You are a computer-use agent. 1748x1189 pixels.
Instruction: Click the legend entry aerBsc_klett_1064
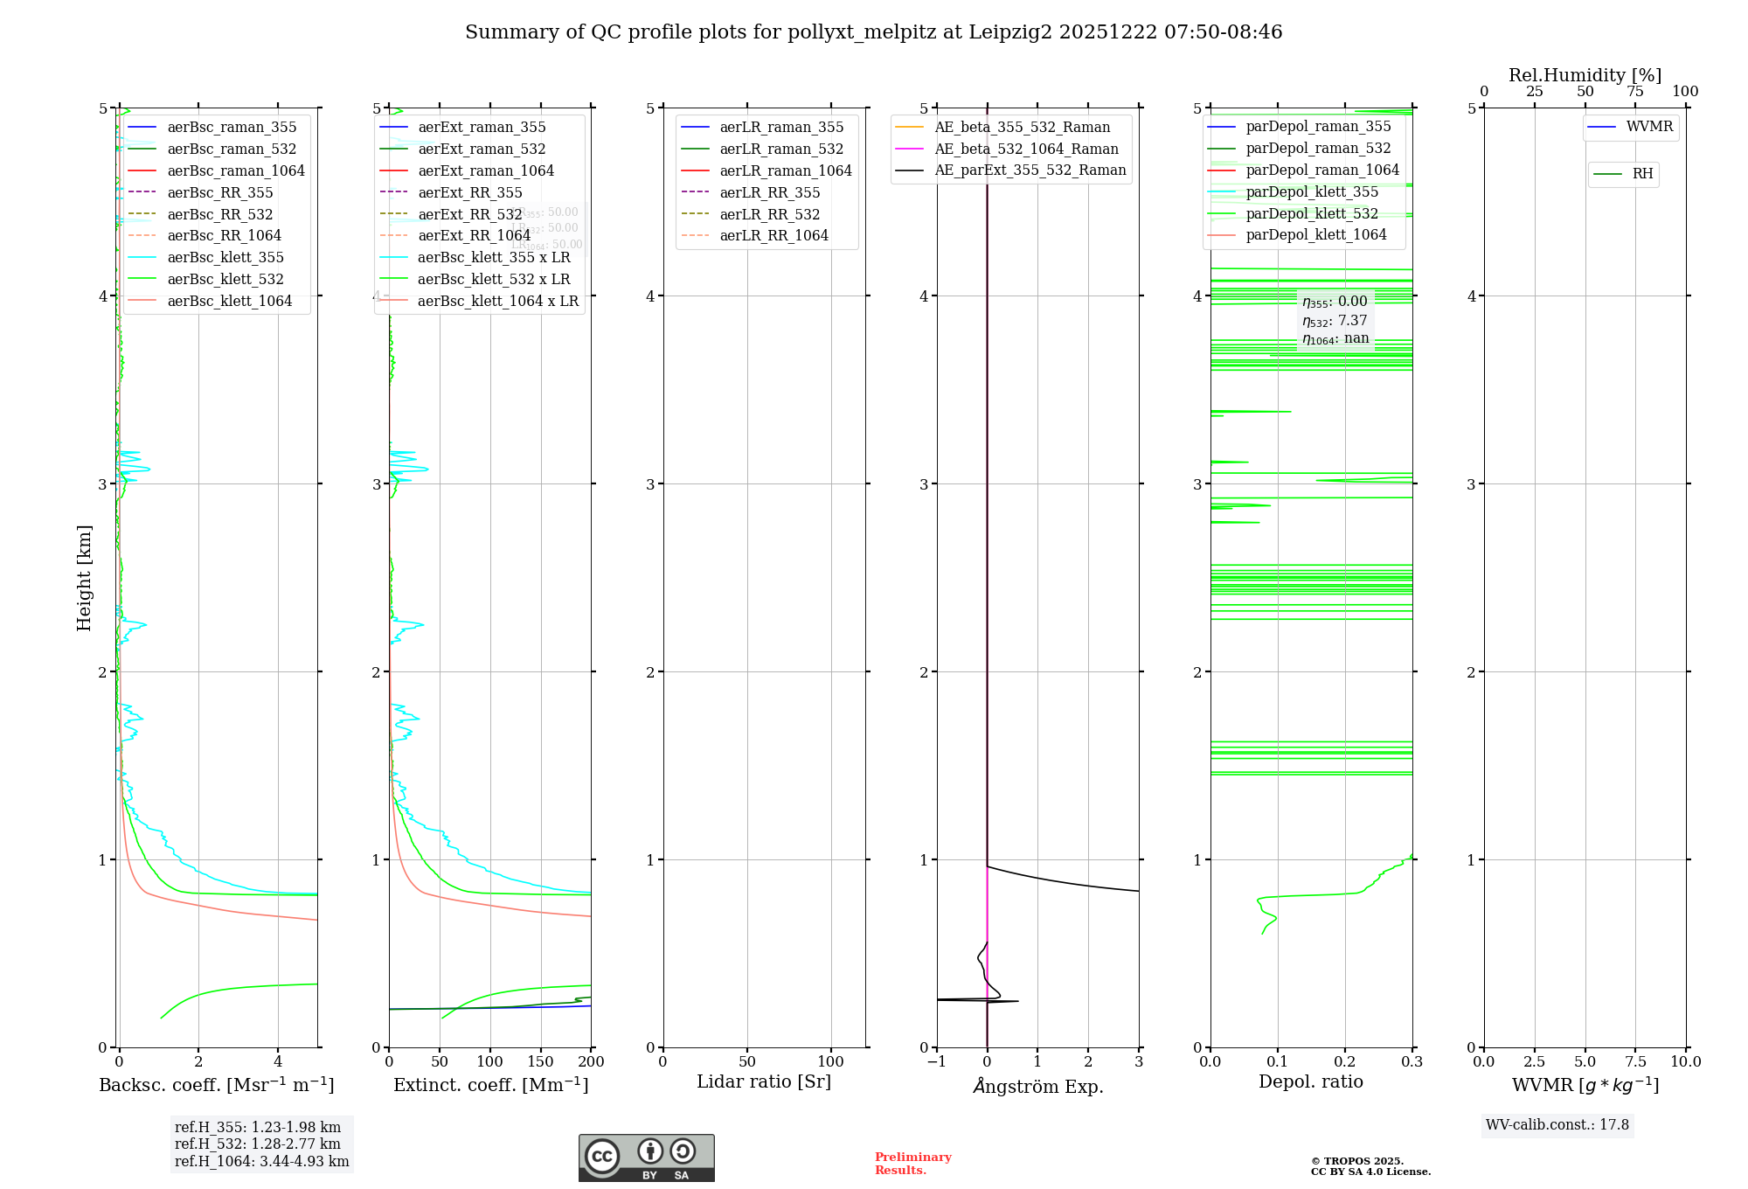pyautogui.click(x=229, y=301)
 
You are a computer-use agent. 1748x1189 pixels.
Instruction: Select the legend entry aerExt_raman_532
pyautogui.click(x=482, y=149)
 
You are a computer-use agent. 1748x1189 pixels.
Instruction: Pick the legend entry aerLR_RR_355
pyautogui.click(x=769, y=192)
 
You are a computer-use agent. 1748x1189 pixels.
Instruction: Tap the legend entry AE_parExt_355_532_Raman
pyautogui.click(x=1030, y=170)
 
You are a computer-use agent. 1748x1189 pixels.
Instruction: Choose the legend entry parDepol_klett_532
pyautogui.click(x=1311, y=213)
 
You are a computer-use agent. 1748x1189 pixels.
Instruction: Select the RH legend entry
pyautogui.click(x=1642, y=174)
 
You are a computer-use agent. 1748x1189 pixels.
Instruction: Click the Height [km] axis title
pyautogui.click(x=84, y=577)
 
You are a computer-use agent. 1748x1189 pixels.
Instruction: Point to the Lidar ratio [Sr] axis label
pyautogui.click(x=763, y=1081)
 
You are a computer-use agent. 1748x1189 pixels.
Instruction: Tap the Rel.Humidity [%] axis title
pyautogui.click(x=1585, y=75)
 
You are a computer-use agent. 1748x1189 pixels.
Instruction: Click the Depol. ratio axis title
pyautogui.click(x=1310, y=1081)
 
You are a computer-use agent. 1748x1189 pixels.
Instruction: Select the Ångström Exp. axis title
pyautogui.click(x=1037, y=1086)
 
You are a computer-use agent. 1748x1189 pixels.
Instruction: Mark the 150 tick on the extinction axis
pyautogui.click(x=541, y=1061)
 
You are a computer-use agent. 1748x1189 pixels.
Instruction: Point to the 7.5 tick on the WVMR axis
pyautogui.click(x=1635, y=1061)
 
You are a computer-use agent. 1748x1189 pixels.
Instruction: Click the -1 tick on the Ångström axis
pyautogui.click(x=936, y=1061)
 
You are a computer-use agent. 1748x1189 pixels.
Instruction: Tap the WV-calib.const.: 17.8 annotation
pyautogui.click(x=1557, y=1124)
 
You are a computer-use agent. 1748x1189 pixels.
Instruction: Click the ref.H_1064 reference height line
pyautogui.click(x=261, y=1161)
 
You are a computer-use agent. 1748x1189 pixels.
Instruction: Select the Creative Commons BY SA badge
pyautogui.click(x=646, y=1158)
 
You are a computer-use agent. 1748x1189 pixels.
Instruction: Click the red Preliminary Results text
pyautogui.click(x=912, y=1163)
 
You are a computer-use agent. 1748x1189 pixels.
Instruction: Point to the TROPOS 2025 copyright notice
pyautogui.click(x=1370, y=1166)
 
